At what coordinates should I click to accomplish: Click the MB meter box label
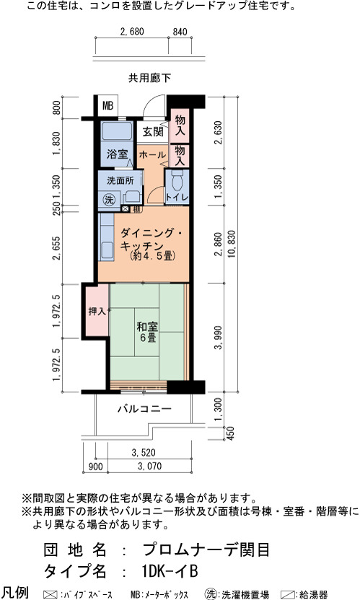[108, 105]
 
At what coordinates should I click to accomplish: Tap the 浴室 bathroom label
[117, 154]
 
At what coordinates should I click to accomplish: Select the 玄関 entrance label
[153, 132]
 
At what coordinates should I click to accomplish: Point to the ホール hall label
[152, 155]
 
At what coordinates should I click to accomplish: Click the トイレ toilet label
[177, 198]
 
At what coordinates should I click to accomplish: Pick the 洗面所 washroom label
[120, 180]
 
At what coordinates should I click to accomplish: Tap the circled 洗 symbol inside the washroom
[110, 199]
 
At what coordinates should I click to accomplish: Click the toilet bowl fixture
[177, 180]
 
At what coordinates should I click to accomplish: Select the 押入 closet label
[97, 312]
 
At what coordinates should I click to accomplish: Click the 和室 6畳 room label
[147, 332]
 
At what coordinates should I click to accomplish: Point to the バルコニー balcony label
[145, 409]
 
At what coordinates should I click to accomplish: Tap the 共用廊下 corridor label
[149, 78]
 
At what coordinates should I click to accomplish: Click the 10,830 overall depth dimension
[232, 243]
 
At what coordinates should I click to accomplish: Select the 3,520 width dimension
[144, 453]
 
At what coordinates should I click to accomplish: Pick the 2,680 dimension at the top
[132, 32]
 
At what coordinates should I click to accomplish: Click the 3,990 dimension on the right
[219, 337]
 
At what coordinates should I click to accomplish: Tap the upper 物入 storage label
[180, 125]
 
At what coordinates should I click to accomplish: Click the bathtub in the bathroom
[117, 131]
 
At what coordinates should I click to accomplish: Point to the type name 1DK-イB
[170, 571]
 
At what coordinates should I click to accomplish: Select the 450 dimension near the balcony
[231, 433]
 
